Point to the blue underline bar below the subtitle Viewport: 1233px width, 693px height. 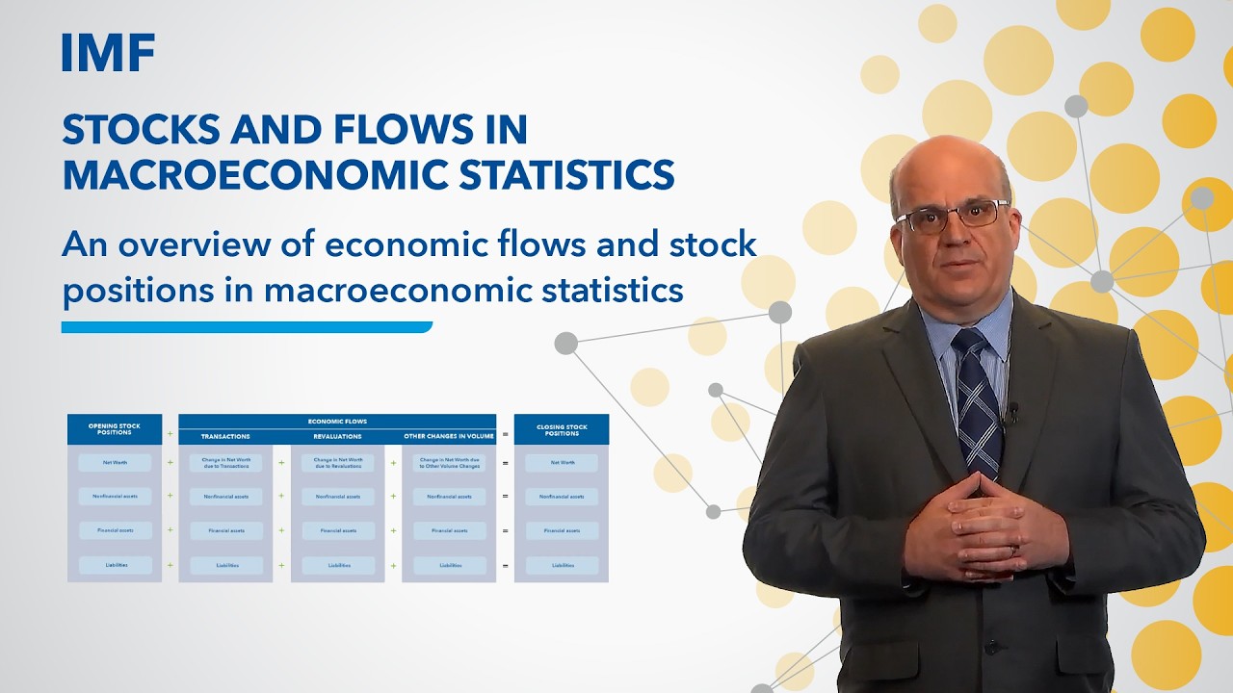(x=247, y=327)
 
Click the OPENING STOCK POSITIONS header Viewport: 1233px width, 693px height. (x=115, y=429)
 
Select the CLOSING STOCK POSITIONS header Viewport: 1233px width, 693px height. (x=562, y=429)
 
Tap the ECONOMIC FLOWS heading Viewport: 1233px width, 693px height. (x=337, y=422)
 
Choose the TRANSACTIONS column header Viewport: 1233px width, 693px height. (x=225, y=437)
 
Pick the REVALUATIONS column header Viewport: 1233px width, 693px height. (x=337, y=437)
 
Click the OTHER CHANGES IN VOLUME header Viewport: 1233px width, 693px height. (x=449, y=437)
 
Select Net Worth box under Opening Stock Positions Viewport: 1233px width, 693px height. (x=115, y=463)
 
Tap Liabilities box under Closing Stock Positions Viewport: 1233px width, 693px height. (x=562, y=565)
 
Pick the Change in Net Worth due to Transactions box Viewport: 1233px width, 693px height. (x=225, y=463)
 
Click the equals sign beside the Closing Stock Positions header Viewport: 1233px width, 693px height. (x=505, y=433)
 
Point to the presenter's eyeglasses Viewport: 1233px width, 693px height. (x=953, y=216)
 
